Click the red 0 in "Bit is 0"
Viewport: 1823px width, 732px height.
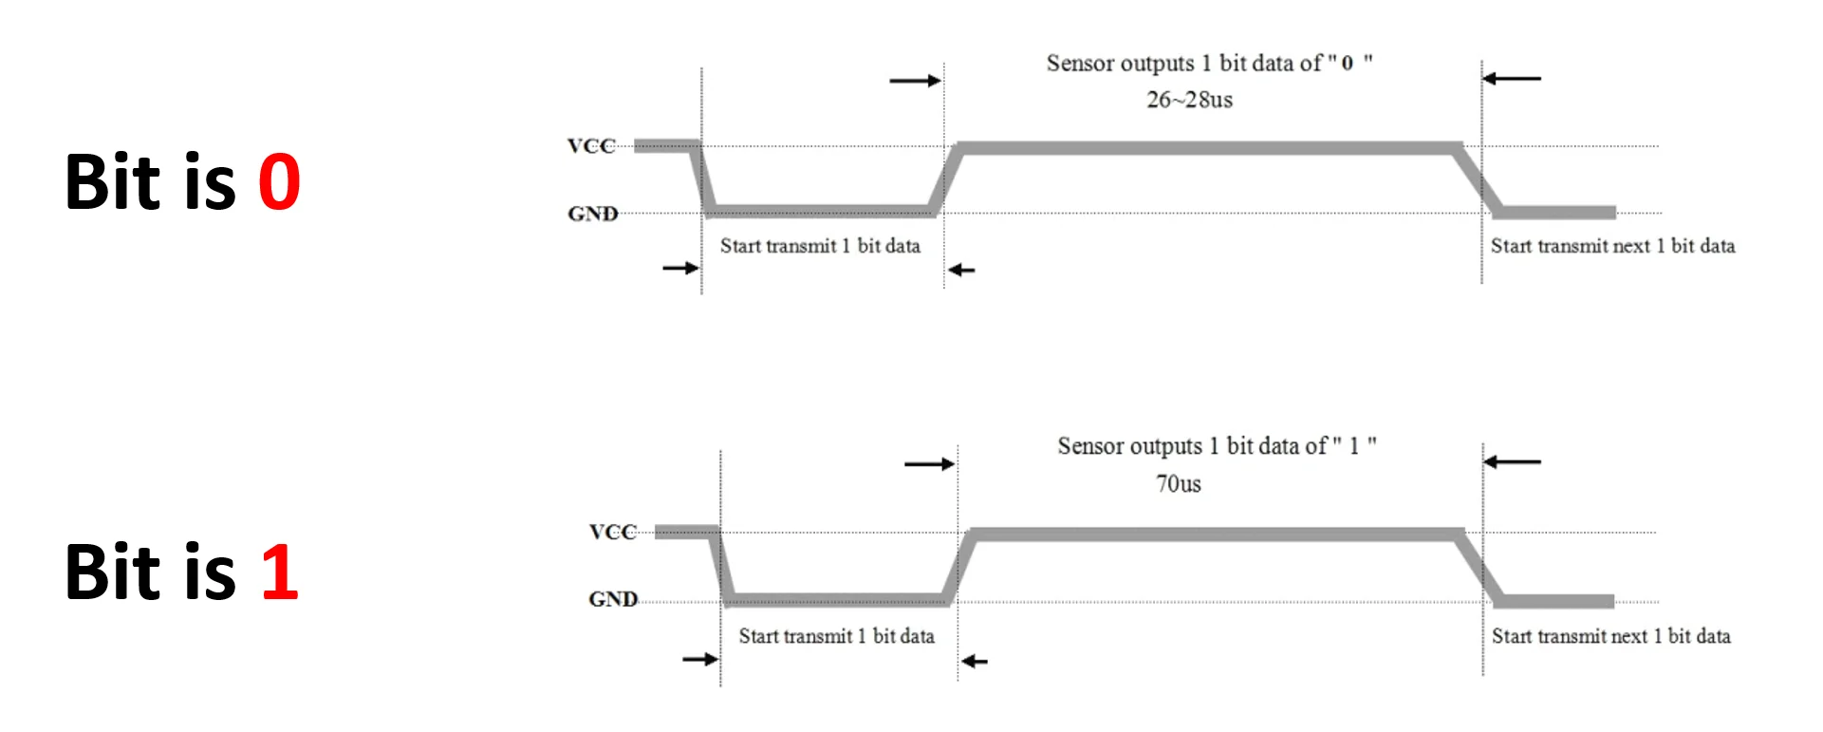click(279, 182)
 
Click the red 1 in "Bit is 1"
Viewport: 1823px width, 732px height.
click(280, 572)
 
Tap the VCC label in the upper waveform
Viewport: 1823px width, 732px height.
click(591, 146)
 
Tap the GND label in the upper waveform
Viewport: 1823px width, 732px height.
click(593, 215)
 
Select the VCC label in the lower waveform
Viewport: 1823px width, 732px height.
click(612, 532)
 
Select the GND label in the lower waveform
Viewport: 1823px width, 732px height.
click(613, 599)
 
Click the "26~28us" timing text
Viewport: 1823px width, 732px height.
click(1189, 100)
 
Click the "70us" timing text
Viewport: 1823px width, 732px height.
click(1179, 484)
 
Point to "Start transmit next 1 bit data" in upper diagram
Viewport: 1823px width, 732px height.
click(1612, 247)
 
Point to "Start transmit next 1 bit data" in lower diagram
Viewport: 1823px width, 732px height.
click(1610, 636)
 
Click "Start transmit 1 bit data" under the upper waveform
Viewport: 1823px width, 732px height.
click(820, 247)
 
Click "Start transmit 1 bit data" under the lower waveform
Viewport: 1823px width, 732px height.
click(836, 636)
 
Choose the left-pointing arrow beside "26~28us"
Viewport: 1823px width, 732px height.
click(1512, 79)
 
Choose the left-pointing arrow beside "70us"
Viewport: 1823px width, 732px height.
click(1512, 462)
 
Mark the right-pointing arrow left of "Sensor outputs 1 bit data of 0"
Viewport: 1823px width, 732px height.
click(915, 81)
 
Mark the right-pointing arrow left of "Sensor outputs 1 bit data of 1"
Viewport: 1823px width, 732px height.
click(929, 464)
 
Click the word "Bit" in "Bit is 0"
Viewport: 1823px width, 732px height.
click(113, 182)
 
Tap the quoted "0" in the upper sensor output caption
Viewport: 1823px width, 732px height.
click(1348, 64)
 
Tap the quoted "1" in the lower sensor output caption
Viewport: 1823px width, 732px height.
click(1354, 446)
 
